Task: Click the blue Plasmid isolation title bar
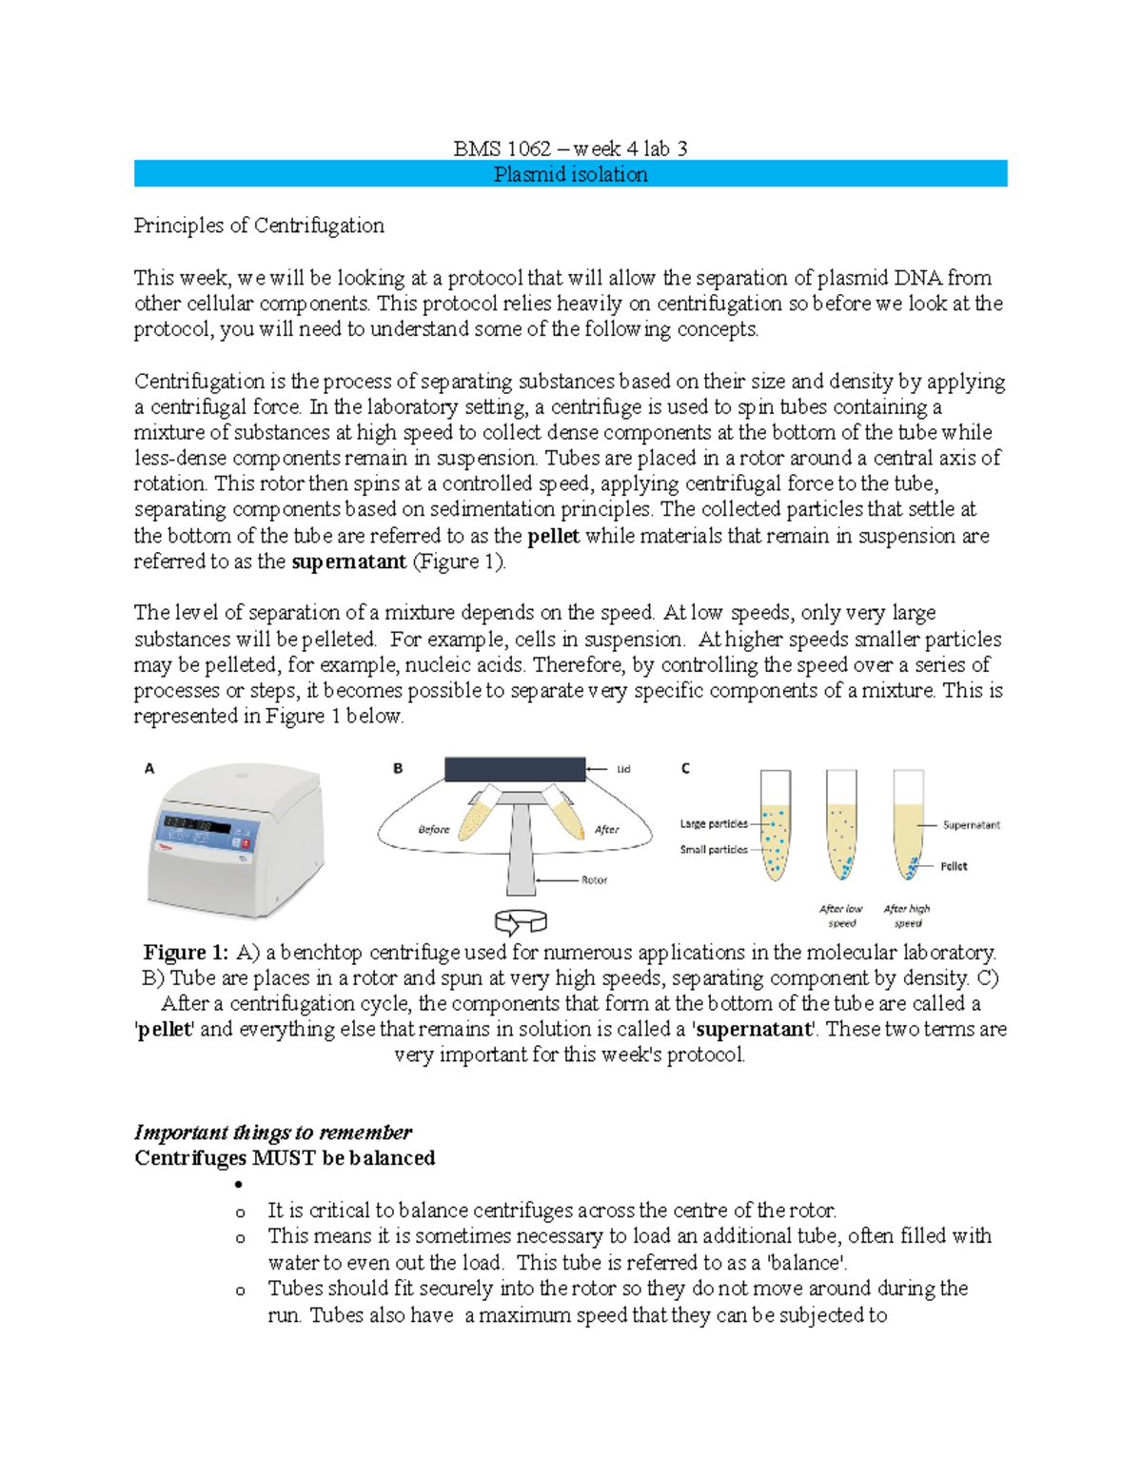click(x=570, y=174)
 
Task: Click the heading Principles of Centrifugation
click(x=259, y=226)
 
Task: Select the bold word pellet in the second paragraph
click(x=553, y=536)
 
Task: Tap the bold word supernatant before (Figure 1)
click(x=348, y=562)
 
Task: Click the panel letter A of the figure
click(x=149, y=768)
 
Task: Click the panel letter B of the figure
click(x=398, y=768)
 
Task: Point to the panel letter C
click(x=685, y=768)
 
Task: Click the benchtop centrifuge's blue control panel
click(x=206, y=836)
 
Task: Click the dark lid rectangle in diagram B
click(x=515, y=769)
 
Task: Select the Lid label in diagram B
click(x=623, y=769)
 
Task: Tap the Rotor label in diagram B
click(x=594, y=880)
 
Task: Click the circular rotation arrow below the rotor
click(x=521, y=921)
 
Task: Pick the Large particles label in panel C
click(x=714, y=824)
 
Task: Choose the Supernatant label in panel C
click(x=971, y=825)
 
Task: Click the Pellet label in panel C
click(x=954, y=866)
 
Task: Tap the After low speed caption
click(x=841, y=916)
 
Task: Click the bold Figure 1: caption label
click(x=186, y=953)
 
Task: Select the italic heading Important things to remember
click(x=273, y=1133)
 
